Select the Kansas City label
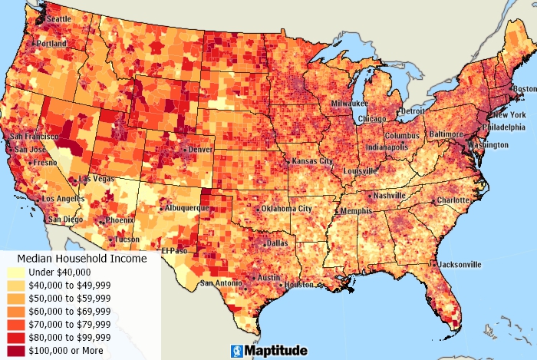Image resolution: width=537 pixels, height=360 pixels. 313,162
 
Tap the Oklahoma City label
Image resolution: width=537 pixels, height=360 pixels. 286,208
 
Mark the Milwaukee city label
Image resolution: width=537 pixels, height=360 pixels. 350,103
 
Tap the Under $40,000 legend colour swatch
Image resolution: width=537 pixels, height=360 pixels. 15,272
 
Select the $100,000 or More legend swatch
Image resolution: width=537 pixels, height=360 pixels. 15,350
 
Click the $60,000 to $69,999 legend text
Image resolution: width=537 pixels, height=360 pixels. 69,311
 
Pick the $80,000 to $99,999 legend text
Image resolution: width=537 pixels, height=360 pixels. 69,337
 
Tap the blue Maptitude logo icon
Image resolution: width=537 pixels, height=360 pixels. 238,351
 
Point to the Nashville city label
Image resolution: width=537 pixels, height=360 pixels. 390,196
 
